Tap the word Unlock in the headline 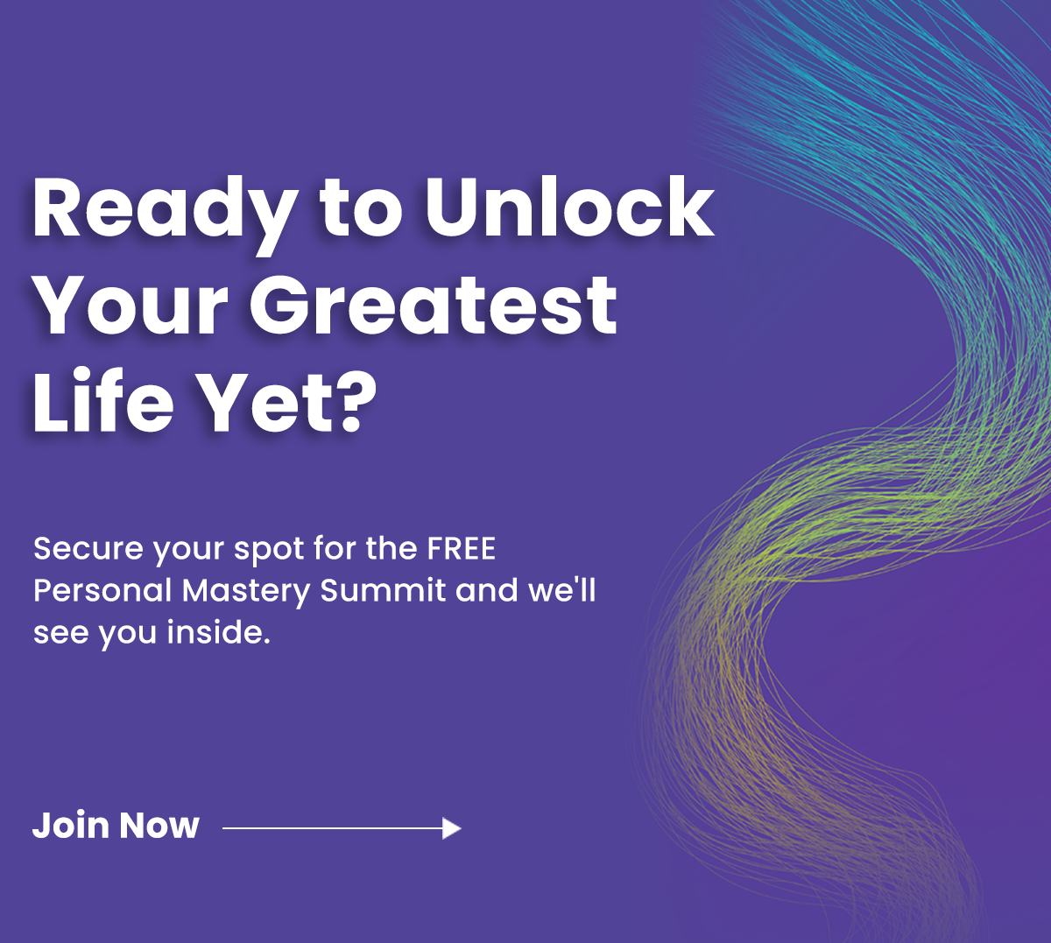click(569, 208)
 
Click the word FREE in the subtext click(462, 549)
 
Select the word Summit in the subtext click(383, 590)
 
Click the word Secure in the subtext click(88, 549)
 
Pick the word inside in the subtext click(215, 632)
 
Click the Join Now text click(116, 825)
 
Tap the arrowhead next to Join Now click(452, 827)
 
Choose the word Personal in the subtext click(102, 591)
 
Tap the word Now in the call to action click(159, 826)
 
